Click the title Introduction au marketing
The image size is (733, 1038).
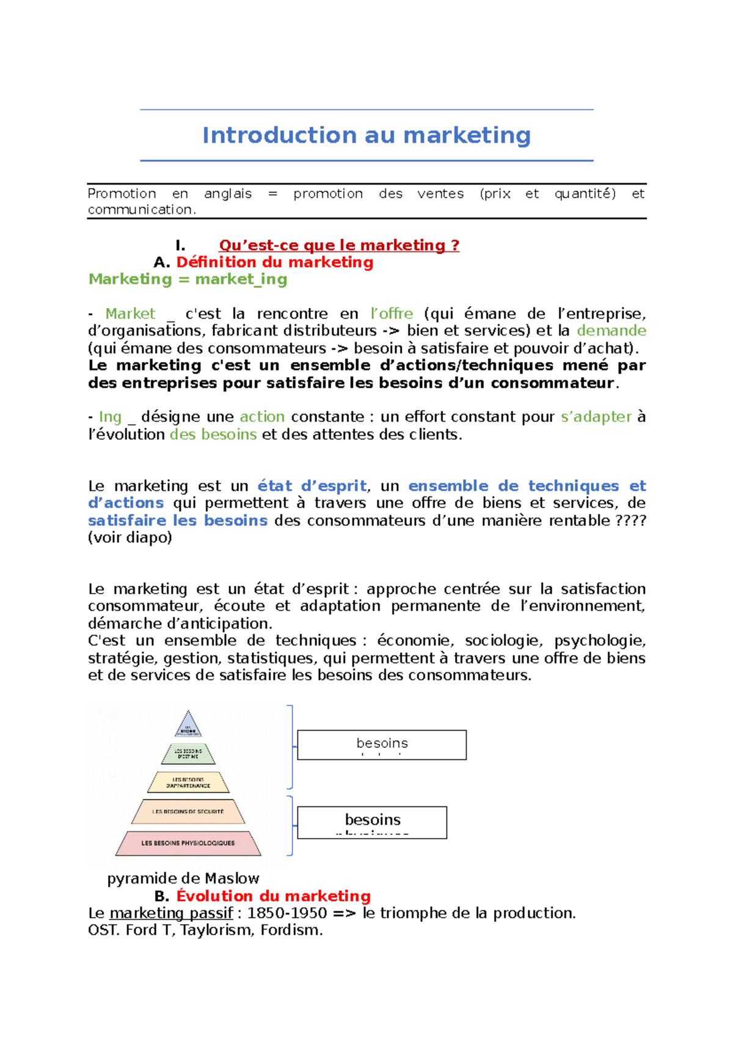(366, 135)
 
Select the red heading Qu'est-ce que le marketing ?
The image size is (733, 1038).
(339, 245)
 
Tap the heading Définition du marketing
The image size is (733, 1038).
(274, 262)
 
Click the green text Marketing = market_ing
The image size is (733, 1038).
(188, 279)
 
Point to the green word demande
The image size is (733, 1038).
(611, 331)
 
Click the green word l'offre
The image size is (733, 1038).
(392, 314)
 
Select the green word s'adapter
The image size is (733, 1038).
(596, 417)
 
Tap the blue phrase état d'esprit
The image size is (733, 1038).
(312, 486)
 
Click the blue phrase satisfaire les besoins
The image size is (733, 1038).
(177, 521)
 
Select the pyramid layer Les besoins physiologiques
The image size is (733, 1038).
(188, 843)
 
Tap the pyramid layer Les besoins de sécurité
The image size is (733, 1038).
(188, 812)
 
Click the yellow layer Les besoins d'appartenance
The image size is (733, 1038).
(188, 782)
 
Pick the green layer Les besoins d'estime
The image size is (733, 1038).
(188, 754)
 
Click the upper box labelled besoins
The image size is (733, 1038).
(382, 745)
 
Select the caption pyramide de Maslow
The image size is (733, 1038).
(183, 878)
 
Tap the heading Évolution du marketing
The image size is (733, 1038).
(273, 896)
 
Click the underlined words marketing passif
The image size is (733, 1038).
(171, 913)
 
